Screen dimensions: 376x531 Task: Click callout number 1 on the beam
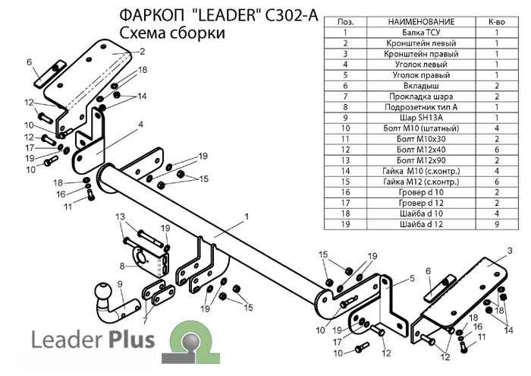246,217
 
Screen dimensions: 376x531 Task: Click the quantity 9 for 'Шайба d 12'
497,224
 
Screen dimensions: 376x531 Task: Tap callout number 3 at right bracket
510,251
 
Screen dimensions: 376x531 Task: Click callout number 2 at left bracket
141,52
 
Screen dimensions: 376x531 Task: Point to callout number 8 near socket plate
121,265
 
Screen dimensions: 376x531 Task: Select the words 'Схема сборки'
171,33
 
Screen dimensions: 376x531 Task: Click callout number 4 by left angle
140,123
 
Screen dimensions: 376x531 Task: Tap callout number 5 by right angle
412,279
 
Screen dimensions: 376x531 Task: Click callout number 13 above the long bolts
119,217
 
